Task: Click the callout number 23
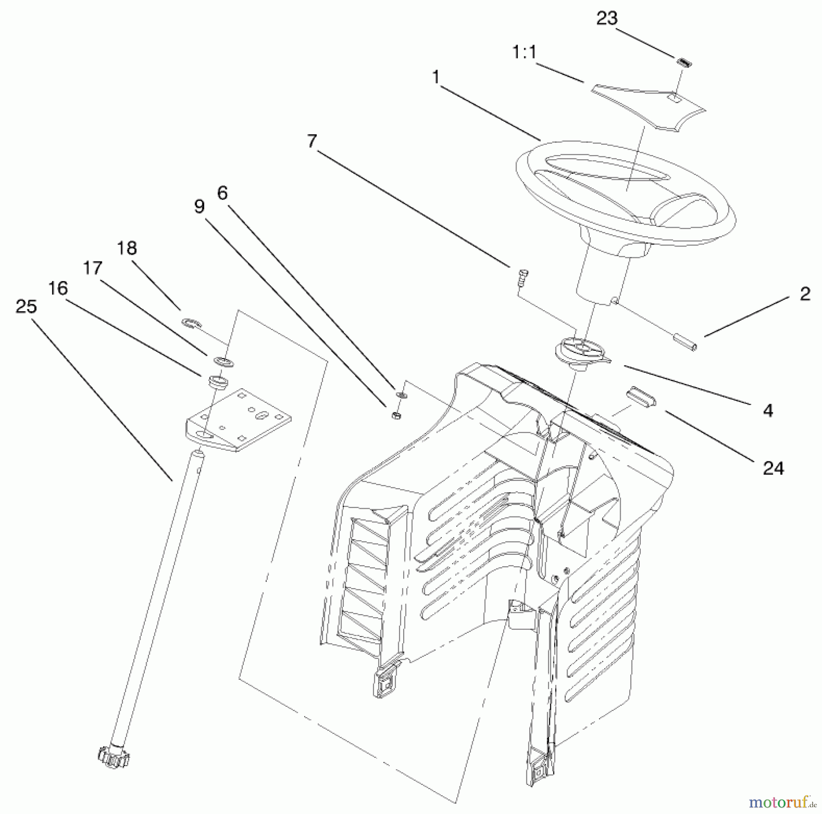point(607,19)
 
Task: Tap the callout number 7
point(311,141)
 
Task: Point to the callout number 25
point(26,307)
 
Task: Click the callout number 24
point(773,469)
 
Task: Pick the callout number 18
point(127,249)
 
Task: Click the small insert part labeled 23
point(684,63)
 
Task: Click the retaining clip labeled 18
point(188,323)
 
